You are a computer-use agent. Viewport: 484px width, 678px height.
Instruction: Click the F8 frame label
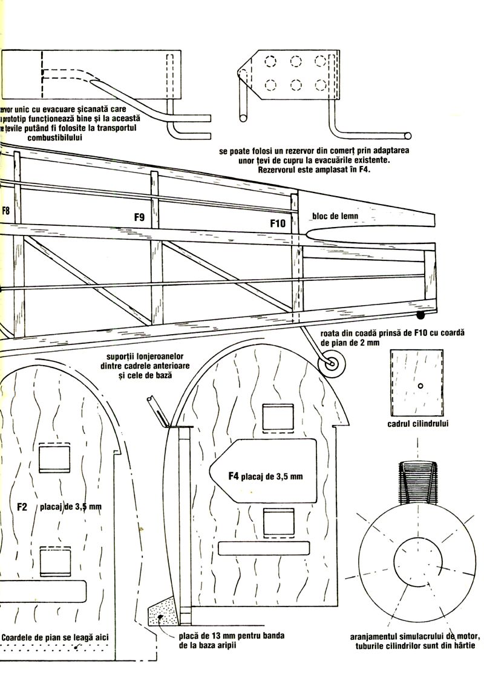[5, 211]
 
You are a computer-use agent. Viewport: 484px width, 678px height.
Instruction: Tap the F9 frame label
[139, 216]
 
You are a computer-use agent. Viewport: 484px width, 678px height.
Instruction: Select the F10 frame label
[278, 223]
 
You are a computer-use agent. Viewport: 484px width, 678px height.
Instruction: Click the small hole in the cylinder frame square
[420, 386]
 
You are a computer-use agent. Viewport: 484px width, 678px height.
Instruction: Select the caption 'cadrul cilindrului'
[418, 424]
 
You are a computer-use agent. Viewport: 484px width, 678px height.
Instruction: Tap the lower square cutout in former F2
[55, 561]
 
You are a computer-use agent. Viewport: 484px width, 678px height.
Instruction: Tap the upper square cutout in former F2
[54, 458]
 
